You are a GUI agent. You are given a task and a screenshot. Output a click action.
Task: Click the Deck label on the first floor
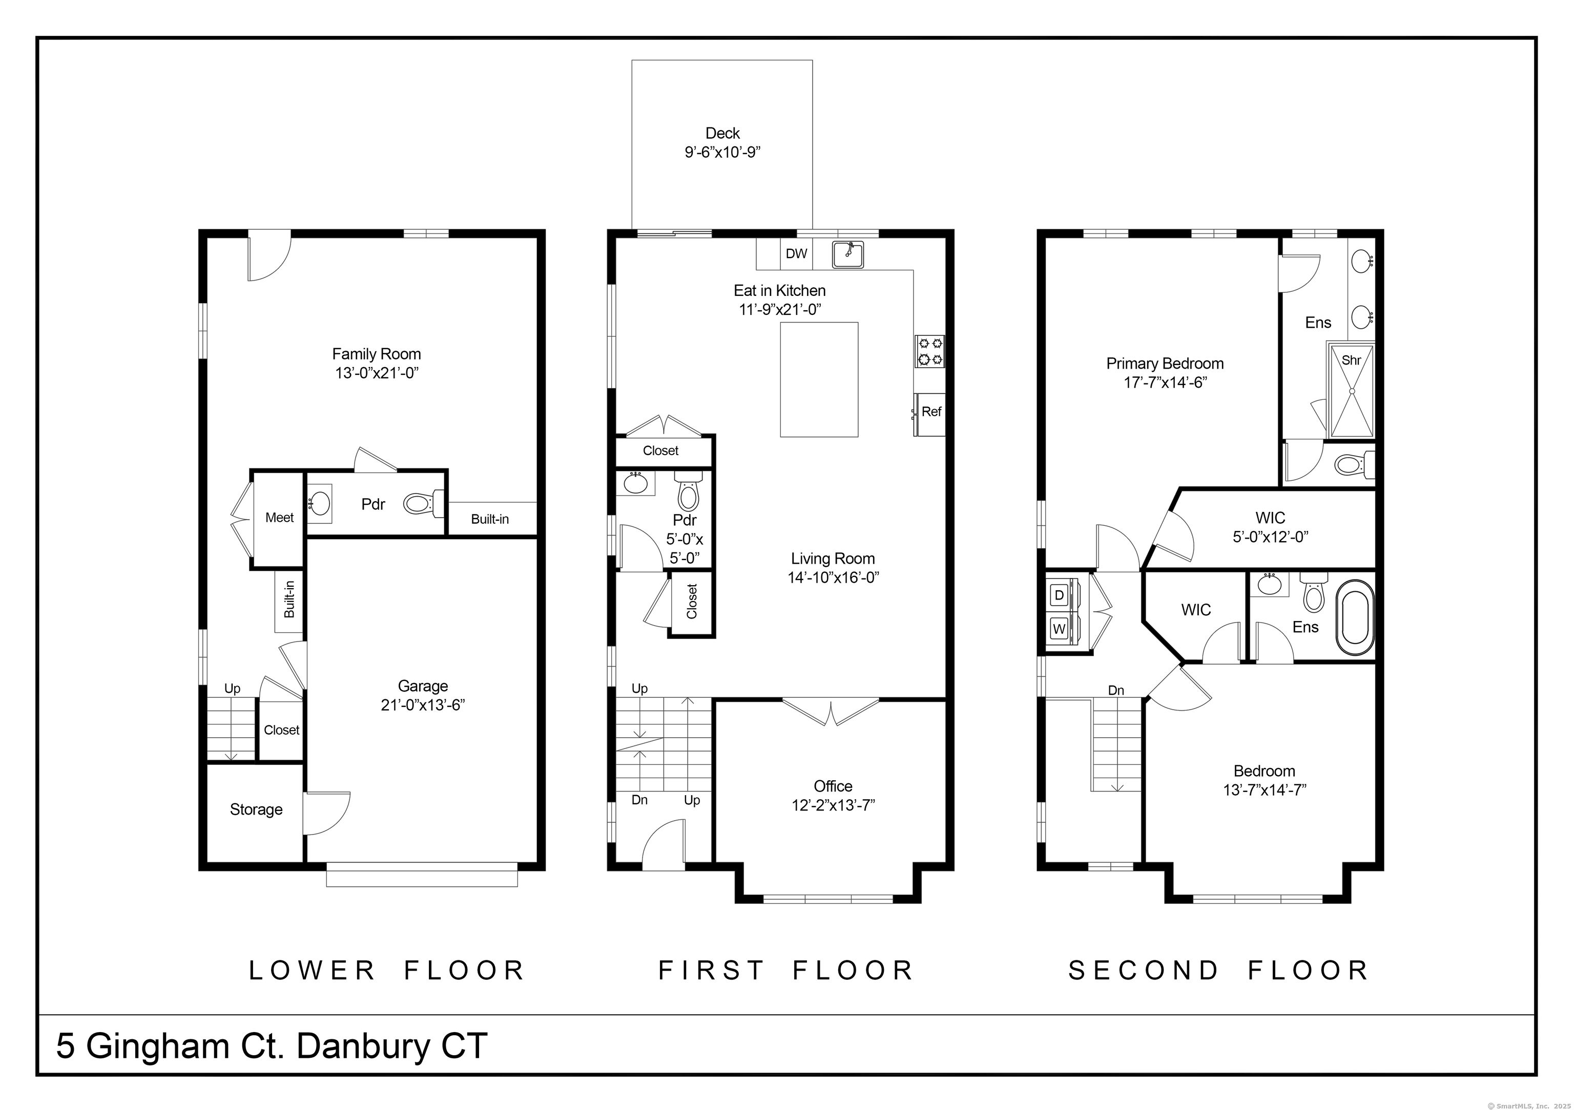(722, 133)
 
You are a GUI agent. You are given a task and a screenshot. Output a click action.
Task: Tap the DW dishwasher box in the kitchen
(796, 253)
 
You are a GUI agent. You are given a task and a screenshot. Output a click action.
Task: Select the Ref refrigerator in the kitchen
(930, 414)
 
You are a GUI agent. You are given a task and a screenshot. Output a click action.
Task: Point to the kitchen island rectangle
(819, 379)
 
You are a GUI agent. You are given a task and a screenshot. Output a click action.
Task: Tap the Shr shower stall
(1351, 391)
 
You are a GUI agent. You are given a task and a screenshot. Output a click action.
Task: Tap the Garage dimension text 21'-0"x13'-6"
(423, 705)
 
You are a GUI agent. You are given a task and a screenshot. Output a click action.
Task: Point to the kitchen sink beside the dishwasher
(848, 254)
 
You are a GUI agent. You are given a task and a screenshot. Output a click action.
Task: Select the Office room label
(833, 786)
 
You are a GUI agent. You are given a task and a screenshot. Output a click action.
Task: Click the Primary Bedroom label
(1165, 363)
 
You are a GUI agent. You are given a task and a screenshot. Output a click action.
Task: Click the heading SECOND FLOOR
(1219, 970)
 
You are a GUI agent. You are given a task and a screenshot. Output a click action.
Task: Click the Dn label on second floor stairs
(1116, 690)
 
